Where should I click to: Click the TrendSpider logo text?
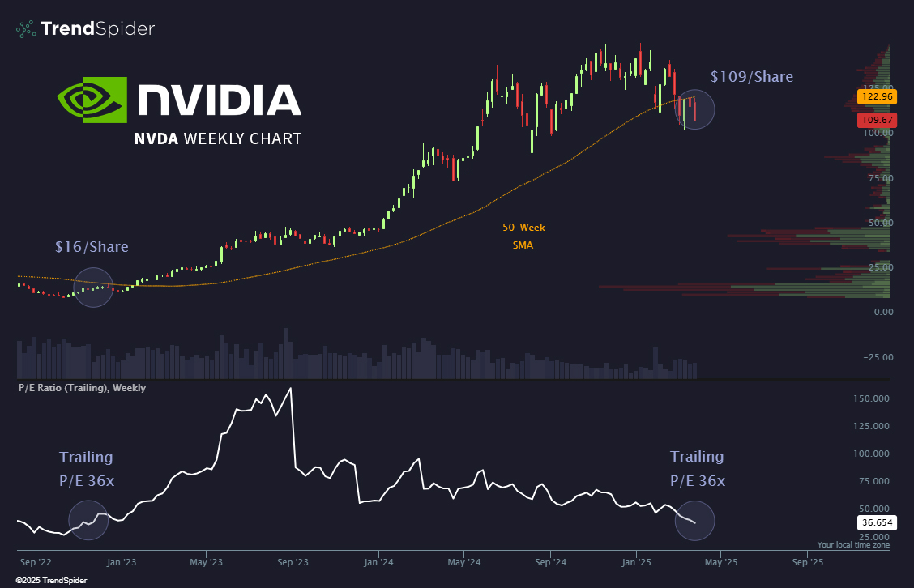pos(97,29)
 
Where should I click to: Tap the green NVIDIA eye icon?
pos(92,100)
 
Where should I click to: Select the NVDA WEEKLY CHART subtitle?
pos(217,138)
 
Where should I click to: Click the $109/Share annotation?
pos(751,77)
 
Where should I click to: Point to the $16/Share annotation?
pos(92,246)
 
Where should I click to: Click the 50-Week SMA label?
pos(523,236)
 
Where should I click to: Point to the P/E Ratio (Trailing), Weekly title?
pos(82,388)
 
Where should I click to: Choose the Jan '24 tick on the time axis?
pos(379,560)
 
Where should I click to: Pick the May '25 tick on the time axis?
pos(720,560)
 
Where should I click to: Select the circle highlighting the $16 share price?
pos(93,288)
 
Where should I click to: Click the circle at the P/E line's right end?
pos(695,521)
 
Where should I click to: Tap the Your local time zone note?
pos(853,545)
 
